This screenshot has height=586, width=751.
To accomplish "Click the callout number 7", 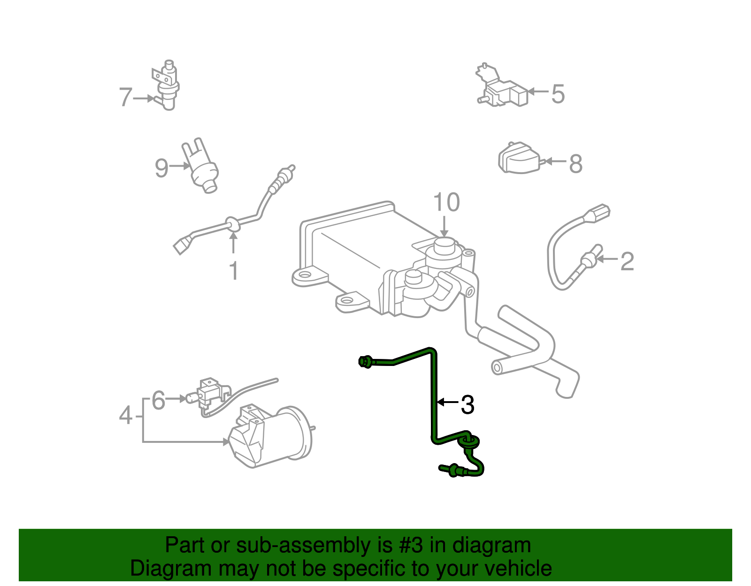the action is click(x=125, y=97).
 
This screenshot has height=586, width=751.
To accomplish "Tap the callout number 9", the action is click(x=161, y=167).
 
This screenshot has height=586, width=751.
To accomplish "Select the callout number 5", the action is click(x=558, y=94).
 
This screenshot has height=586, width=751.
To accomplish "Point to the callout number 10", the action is click(x=446, y=203).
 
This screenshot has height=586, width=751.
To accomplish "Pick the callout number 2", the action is click(x=627, y=261).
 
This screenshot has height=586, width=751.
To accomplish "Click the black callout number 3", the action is click(x=467, y=404).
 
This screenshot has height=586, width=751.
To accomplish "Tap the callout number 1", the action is click(x=233, y=271).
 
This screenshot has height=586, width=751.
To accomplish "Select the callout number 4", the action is click(x=125, y=415).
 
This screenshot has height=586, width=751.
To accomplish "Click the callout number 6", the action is click(x=159, y=401).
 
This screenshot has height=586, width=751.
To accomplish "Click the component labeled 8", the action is click(x=518, y=159).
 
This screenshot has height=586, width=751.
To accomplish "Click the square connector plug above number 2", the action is click(x=598, y=213).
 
